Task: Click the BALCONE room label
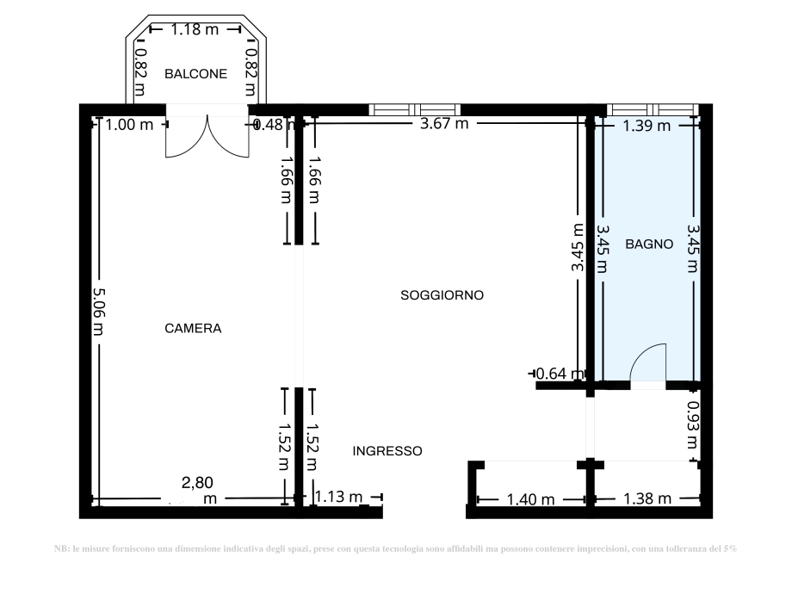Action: point(196,74)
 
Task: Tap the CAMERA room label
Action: point(193,328)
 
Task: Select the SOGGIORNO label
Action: point(442,295)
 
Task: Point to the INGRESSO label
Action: point(387,450)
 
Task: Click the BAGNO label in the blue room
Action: point(649,244)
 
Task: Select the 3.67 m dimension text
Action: point(443,124)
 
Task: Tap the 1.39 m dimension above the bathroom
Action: point(646,127)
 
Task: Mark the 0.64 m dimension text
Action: point(560,374)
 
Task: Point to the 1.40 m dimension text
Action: point(530,498)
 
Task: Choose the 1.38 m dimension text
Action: point(647,498)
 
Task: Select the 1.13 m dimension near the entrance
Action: point(338,497)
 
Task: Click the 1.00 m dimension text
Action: point(129,125)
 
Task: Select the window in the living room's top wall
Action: point(414,109)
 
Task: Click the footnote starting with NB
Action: point(395,548)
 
